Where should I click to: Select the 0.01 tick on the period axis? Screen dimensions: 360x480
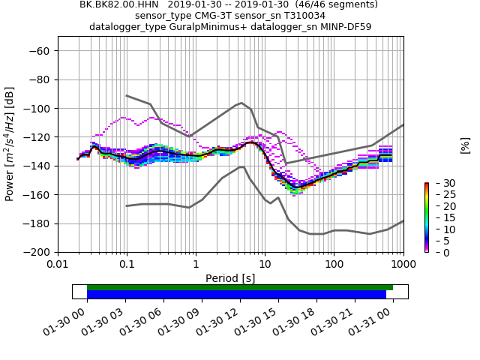(x=58, y=265)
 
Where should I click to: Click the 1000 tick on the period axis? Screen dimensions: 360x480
(x=403, y=265)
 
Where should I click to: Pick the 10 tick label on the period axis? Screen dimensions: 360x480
(x=265, y=265)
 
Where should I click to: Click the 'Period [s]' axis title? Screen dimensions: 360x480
(x=230, y=278)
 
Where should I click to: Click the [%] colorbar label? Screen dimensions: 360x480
(x=465, y=145)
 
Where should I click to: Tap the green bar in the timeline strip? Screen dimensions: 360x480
(x=240, y=287)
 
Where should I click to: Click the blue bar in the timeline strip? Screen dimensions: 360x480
(x=236, y=295)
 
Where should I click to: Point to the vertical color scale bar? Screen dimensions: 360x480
(x=426, y=217)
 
